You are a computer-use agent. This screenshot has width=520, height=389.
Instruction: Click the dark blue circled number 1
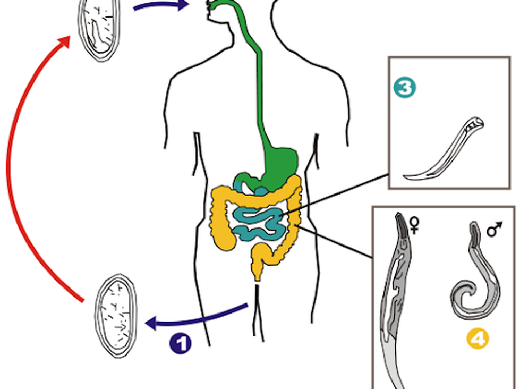pos(180,344)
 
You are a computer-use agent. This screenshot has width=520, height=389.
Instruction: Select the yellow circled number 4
pos(476,338)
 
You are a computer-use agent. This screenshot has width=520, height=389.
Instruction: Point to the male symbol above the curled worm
pos(495,230)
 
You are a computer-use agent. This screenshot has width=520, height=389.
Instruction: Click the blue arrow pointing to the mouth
pos(159,6)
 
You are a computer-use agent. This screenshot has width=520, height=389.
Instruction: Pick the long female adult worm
pos(398,298)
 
